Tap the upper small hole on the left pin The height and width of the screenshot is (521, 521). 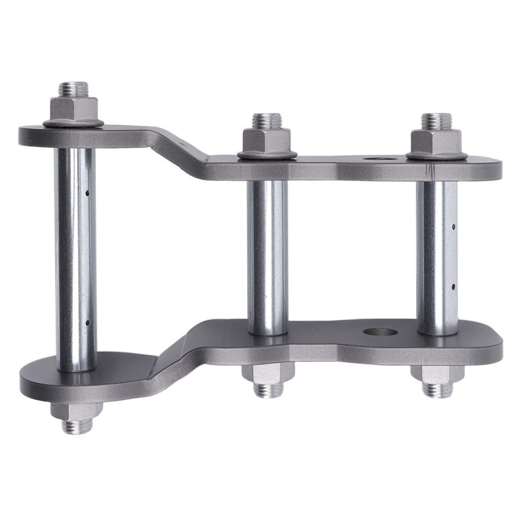point(87,194)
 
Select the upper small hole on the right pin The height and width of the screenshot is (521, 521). point(454,227)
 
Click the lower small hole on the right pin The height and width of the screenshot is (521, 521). point(454,286)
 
